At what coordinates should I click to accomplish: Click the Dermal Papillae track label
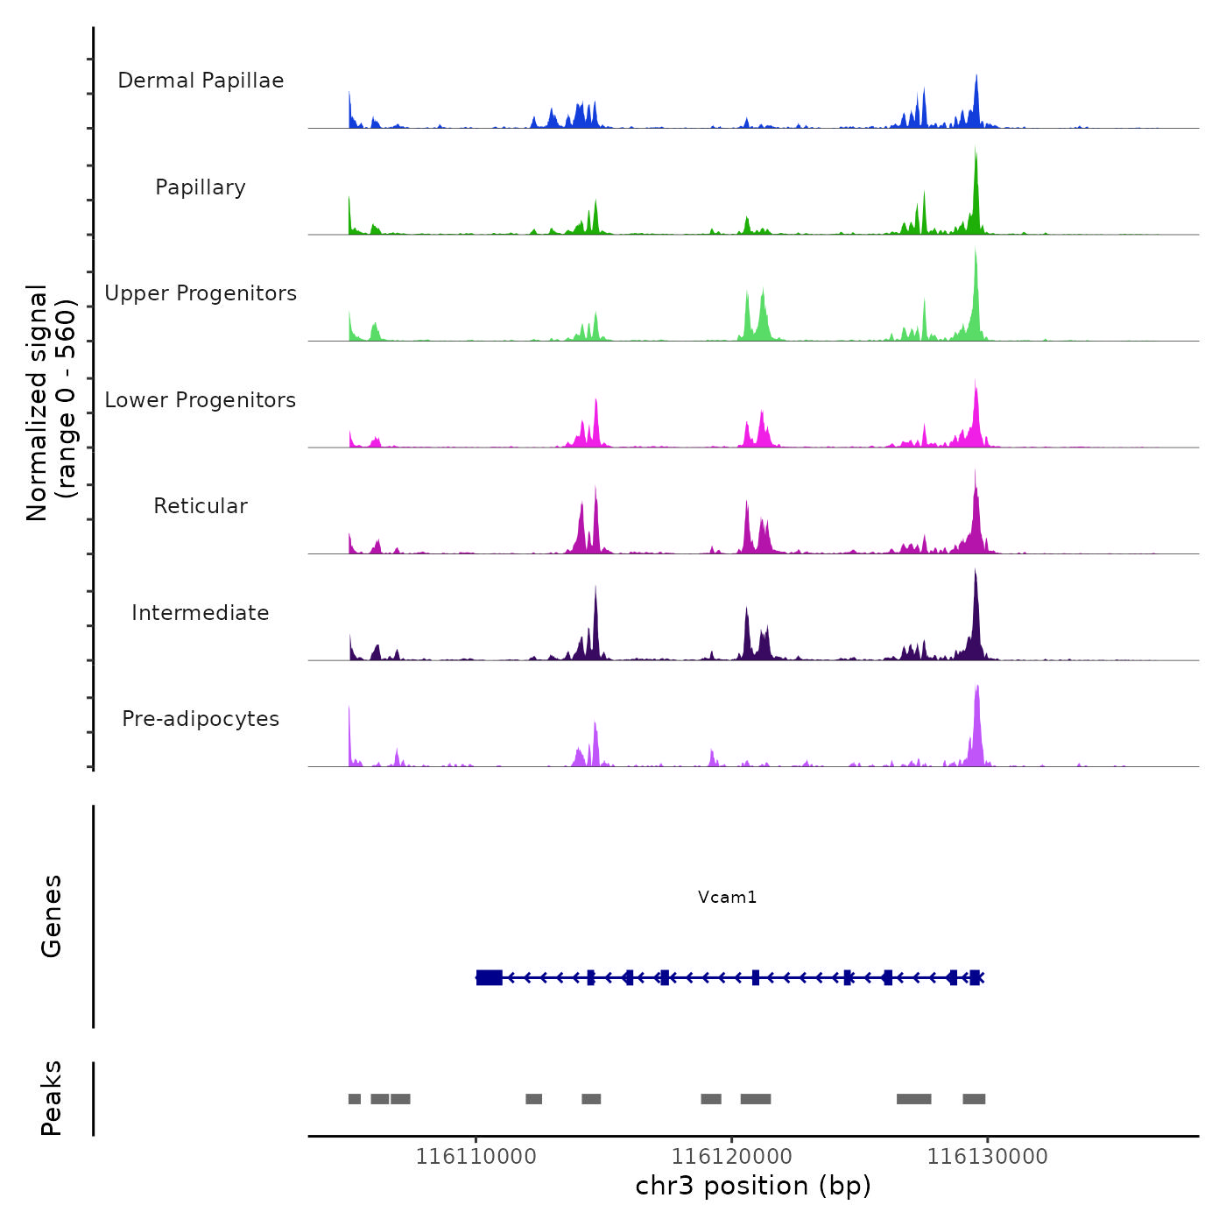201,81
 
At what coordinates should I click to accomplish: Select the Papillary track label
201,187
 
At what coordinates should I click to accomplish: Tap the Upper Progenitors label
201,293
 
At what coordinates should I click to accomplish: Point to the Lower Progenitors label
201,400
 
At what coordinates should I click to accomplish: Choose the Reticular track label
201,506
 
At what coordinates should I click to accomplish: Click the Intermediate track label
201,613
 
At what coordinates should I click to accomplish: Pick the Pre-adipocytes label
201,719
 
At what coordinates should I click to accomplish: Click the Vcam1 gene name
727,897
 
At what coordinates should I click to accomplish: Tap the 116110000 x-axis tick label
476,1156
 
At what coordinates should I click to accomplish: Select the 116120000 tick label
731,1156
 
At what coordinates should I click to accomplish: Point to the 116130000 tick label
987,1156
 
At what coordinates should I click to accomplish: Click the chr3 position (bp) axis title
753,1186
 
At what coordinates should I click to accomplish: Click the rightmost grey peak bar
974,1099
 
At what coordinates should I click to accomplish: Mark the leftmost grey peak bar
354,1099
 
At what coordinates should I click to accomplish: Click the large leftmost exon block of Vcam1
489,977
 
